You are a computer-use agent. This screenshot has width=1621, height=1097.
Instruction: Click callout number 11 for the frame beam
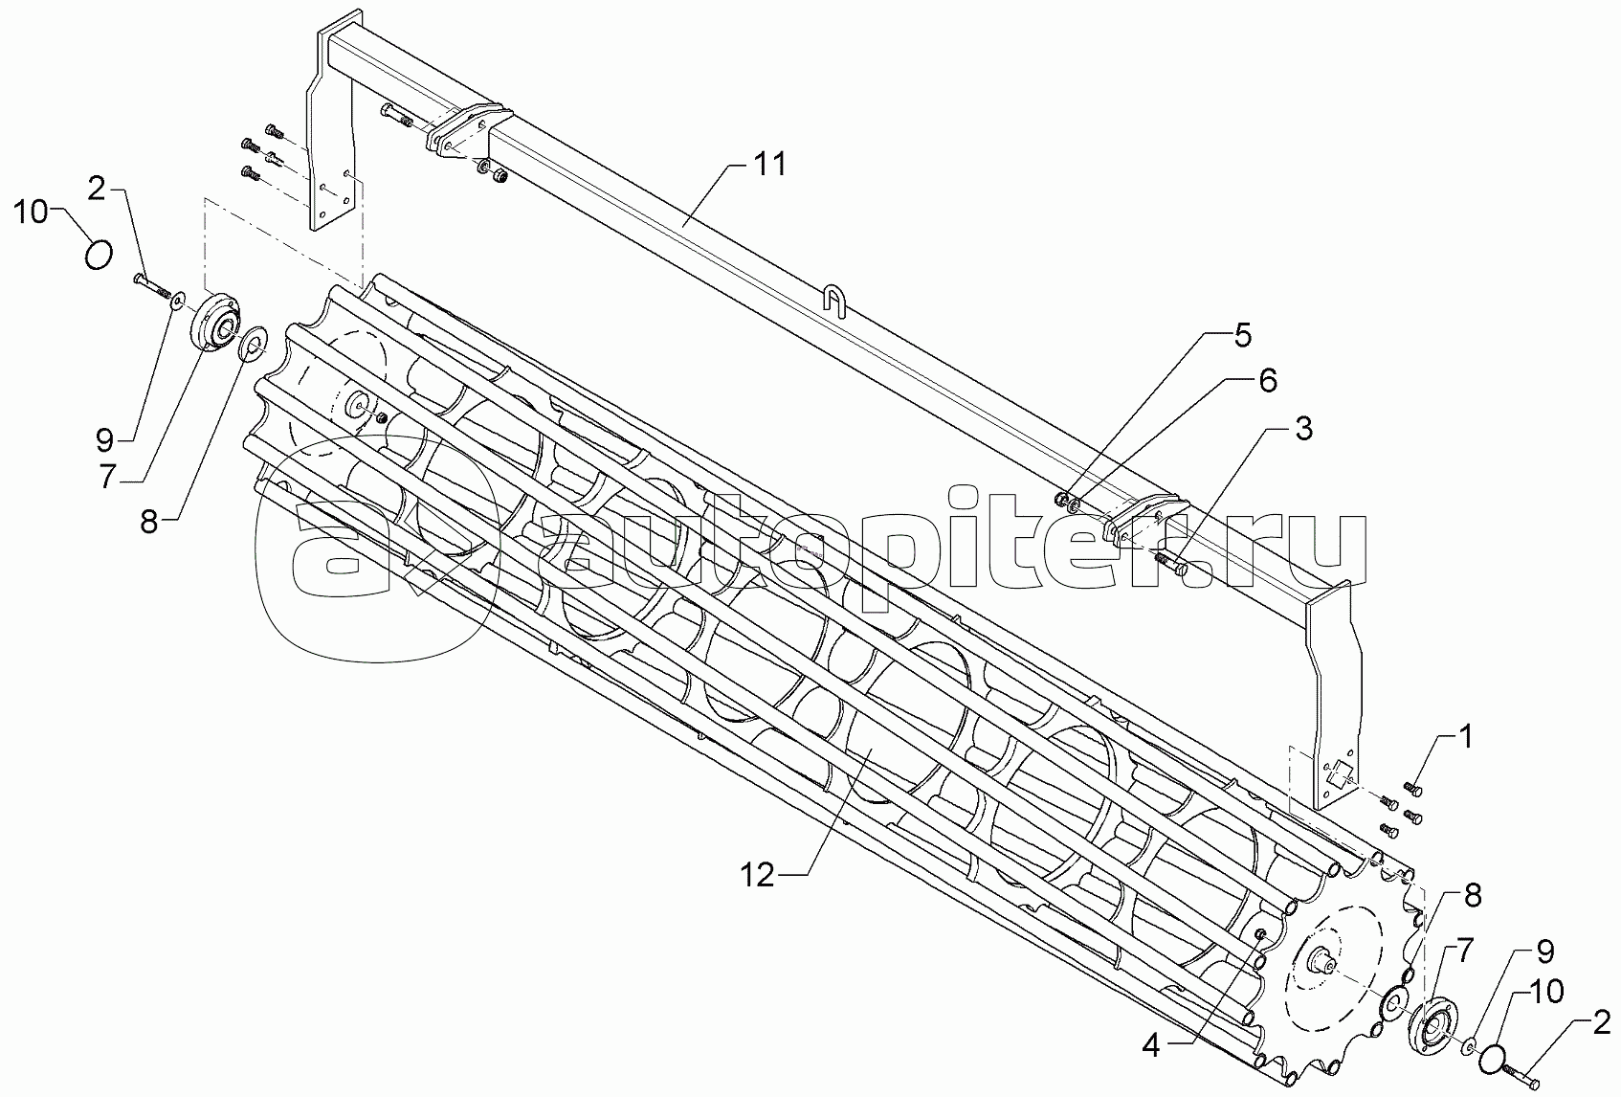770,165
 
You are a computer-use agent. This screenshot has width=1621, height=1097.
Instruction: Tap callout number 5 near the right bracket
1242,336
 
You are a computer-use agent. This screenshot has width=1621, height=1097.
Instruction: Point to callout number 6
1266,380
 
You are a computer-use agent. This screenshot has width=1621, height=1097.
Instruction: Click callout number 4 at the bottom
1150,1046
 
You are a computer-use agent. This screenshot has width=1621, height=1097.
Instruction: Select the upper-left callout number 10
32,213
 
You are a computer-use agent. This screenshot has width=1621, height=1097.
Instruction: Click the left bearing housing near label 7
217,324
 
